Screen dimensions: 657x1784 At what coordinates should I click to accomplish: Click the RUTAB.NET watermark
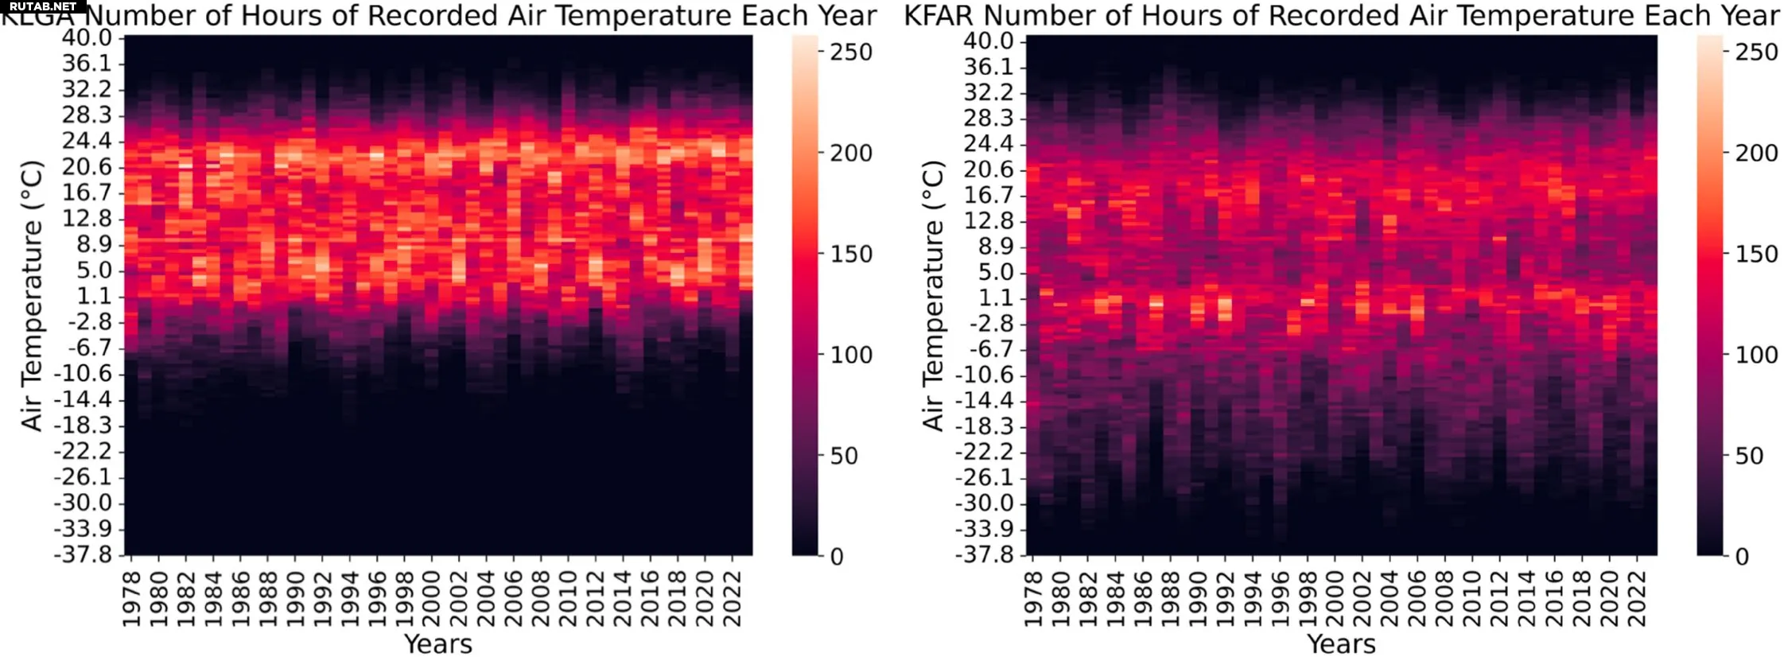(43, 6)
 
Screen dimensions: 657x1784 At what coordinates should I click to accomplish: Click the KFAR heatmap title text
(1341, 16)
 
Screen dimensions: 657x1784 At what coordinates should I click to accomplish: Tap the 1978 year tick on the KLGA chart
(132, 598)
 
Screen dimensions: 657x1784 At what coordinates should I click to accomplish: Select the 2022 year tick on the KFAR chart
(1636, 598)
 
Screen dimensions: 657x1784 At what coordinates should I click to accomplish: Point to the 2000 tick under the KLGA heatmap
(432, 598)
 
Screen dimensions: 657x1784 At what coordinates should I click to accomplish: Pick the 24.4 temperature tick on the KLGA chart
(88, 141)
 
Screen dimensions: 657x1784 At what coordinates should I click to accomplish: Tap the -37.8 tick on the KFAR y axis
(984, 554)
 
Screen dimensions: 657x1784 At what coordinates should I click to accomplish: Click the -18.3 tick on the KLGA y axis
(83, 425)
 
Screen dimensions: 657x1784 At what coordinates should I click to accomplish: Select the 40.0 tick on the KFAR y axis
(989, 41)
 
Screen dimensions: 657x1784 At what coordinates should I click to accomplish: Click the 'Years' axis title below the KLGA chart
(438, 643)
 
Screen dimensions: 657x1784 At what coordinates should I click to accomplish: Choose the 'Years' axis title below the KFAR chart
(1341, 643)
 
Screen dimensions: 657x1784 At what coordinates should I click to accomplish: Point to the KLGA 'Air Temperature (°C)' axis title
(32, 296)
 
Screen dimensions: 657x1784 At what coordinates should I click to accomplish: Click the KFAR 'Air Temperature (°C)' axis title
(933, 296)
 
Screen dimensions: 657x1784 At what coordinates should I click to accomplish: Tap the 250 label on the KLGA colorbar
(851, 52)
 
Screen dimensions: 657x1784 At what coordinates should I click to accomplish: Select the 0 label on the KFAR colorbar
(1742, 557)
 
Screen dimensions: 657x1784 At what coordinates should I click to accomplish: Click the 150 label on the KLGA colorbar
(851, 254)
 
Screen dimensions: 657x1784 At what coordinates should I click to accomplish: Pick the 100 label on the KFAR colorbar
(1756, 355)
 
